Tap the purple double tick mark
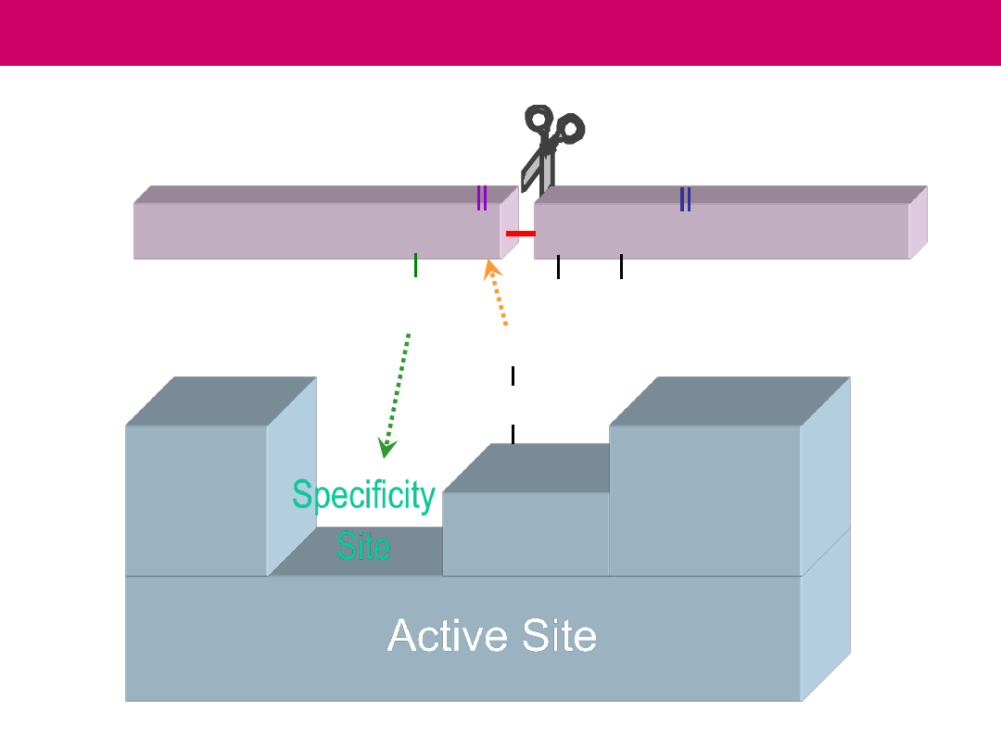click(482, 198)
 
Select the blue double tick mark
click(685, 199)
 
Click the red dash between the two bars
click(520, 234)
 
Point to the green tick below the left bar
click(415, 265)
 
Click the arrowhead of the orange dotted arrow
click(492, 270)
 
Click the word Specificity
click(363, 496)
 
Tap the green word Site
click(363, 545)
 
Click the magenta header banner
click(500, 32)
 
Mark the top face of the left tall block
click(221, 401)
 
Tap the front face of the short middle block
click(526, 534)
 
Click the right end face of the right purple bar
click(918, 223)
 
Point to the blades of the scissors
click(538, 172)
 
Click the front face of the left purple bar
click(315, 231)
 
